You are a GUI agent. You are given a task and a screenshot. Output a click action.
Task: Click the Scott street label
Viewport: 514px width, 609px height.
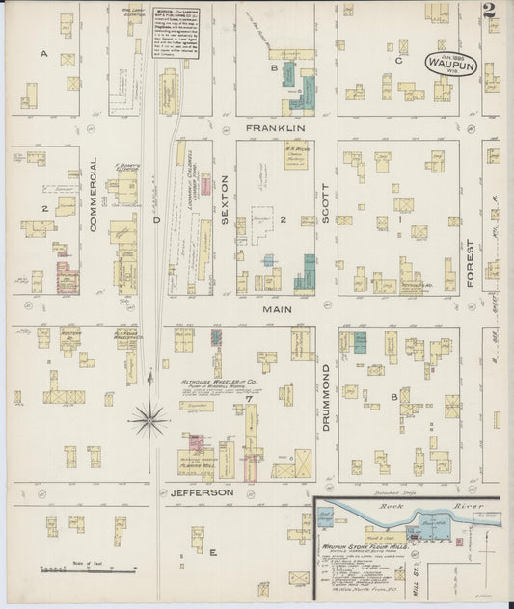pos(326,204)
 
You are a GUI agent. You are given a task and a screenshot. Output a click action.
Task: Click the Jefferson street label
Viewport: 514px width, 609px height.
pos(203,492)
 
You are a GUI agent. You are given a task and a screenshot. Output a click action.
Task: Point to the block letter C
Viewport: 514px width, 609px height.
pos(398,59)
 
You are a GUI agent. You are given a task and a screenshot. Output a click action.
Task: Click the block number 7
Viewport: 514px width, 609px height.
pos(249,398)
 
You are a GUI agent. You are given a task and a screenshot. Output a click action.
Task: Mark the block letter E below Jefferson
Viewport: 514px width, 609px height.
pos(212,552)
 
